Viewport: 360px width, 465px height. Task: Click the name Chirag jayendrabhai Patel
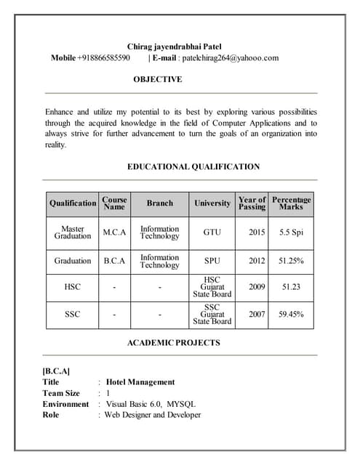[179, 46]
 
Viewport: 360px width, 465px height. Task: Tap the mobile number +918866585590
[104, 58]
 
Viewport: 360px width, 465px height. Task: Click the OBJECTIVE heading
[158, 79]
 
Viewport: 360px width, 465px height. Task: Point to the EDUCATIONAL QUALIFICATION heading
[193, 166]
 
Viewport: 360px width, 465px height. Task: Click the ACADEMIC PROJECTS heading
[173, 342]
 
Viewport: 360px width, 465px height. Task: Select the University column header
[212, 203]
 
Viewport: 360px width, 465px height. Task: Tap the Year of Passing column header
[252, 203]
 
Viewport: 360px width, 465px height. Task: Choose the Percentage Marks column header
[291, 203]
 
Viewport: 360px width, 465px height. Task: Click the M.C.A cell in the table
[114, 232]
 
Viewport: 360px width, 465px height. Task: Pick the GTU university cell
[212, 232]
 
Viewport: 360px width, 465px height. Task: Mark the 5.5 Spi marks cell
[291, 232]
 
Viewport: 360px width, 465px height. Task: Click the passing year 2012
[257, 260]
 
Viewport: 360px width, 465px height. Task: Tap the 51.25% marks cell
[291, 260]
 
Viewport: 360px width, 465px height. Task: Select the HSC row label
[72, 287]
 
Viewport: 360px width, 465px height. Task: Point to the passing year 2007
[257, 315]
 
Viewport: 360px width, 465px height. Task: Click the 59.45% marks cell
[291, 315]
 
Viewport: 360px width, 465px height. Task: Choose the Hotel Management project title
[140, 381]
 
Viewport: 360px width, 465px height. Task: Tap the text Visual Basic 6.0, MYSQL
[151, 404]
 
